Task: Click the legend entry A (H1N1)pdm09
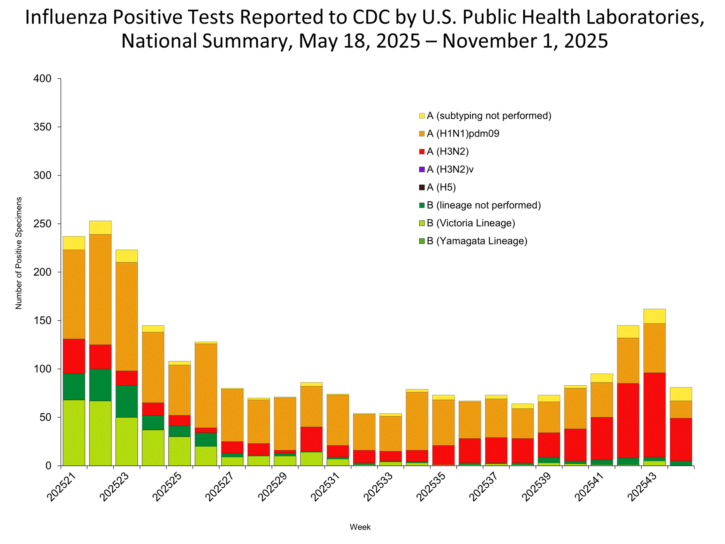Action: pos(462,133)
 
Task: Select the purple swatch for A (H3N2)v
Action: pos(422,169)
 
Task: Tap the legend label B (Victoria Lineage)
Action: pos(471,223)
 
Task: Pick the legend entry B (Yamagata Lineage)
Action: pos(477,241)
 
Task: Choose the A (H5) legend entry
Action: pos(441,187)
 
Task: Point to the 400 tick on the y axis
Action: pos(42,79)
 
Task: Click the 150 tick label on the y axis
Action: pos(42,320)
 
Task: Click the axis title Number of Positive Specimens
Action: pos(19,253)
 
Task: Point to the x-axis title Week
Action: pos(360,527)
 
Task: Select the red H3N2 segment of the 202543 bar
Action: pos(654,415)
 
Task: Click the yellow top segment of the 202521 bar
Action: pos(74,243)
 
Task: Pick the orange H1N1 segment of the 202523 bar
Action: pos(127,316)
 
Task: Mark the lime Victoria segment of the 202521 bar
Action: pos(74,433)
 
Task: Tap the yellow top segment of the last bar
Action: pos(681,394)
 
